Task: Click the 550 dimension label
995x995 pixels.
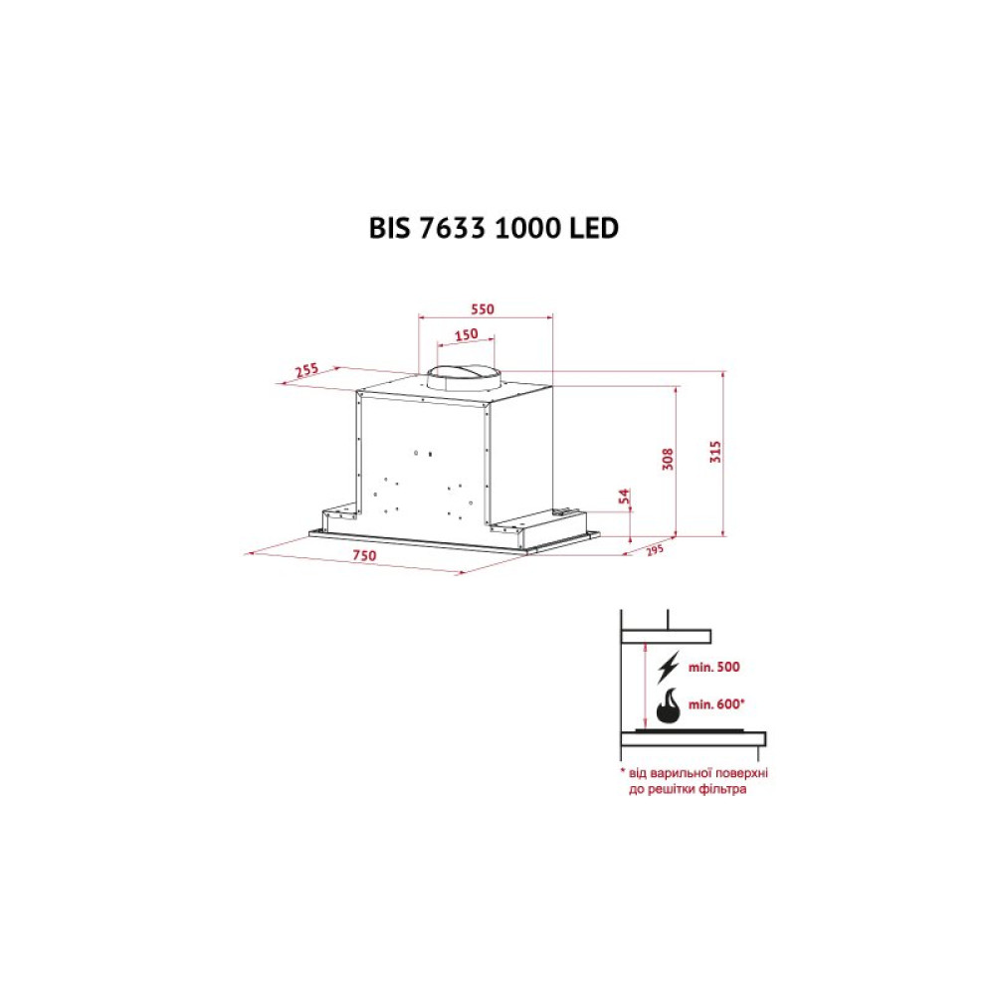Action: [x=482, y=309]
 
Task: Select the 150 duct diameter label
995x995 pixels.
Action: [x=466, y=334]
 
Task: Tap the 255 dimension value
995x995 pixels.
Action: [x=306, y=371]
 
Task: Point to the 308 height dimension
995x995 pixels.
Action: [x=669, y=458]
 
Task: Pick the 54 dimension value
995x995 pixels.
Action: [x=625, y=497]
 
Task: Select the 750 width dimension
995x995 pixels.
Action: [x=363, y=555]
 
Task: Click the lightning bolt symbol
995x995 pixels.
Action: [x=668, y=667]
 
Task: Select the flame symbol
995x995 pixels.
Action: [x=668, y=705]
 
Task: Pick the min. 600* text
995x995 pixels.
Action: [x=717, y=704]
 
